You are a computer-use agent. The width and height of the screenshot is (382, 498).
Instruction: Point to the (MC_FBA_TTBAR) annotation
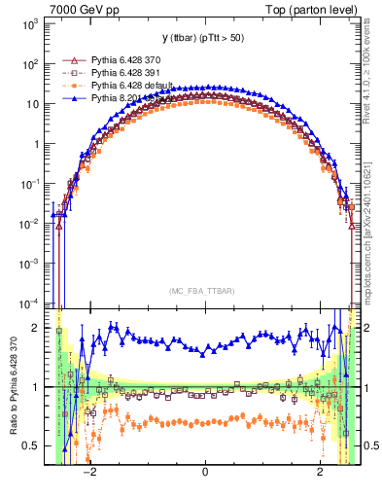pos(205,289)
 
